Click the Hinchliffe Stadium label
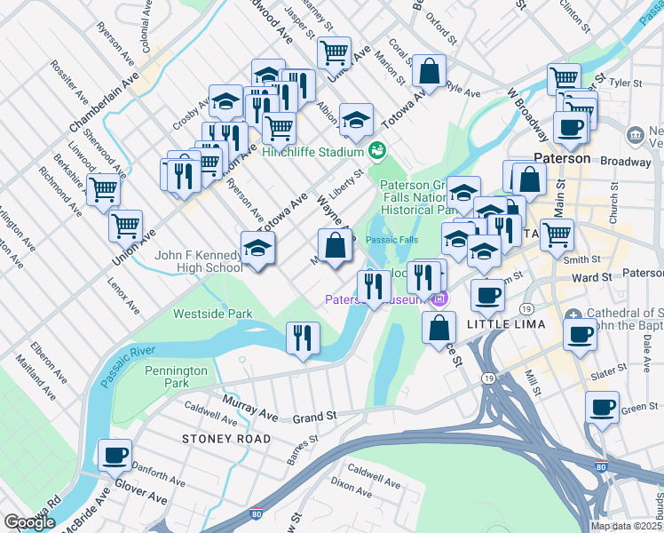315,152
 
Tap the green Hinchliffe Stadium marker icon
376,149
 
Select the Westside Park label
212,314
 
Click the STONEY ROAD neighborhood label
214,439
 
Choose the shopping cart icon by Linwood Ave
104,187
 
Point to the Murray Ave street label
253,411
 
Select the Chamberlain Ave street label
105,102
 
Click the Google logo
30,522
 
